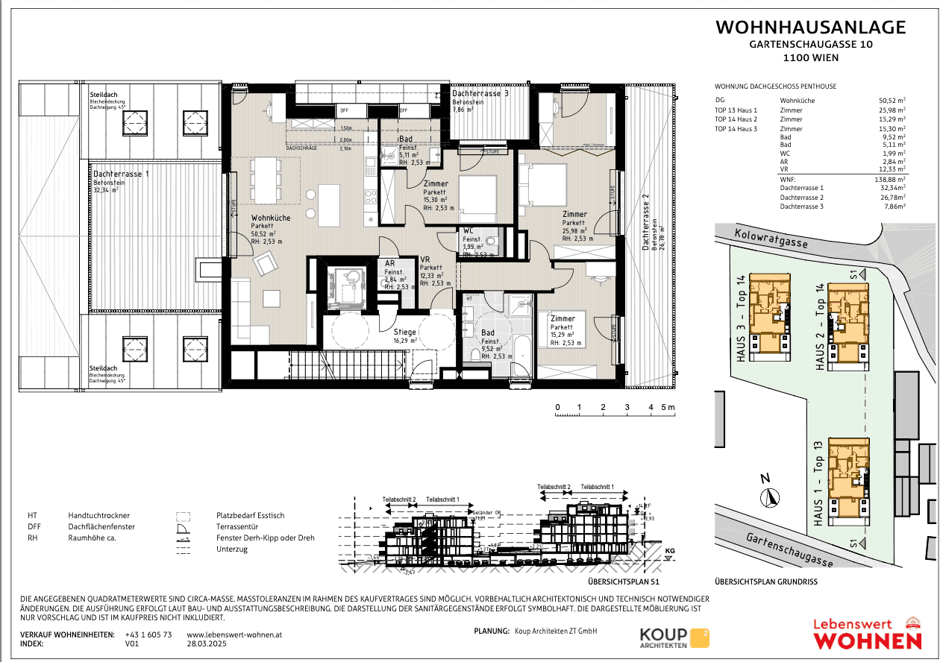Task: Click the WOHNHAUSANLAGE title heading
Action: tap(810, 28)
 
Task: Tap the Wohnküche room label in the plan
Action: tap(271, 217)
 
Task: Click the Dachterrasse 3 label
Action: tap(480, 94)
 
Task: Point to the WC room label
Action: tap(469, 230)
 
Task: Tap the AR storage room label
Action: tap(389, 263)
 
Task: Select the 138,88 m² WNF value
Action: tap(891, 180)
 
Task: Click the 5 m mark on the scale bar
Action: tap(668, 407)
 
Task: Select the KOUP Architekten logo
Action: tap(674, 637)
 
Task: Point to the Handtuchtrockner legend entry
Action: tap(99, 515)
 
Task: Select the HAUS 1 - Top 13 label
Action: tap(818, 482)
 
